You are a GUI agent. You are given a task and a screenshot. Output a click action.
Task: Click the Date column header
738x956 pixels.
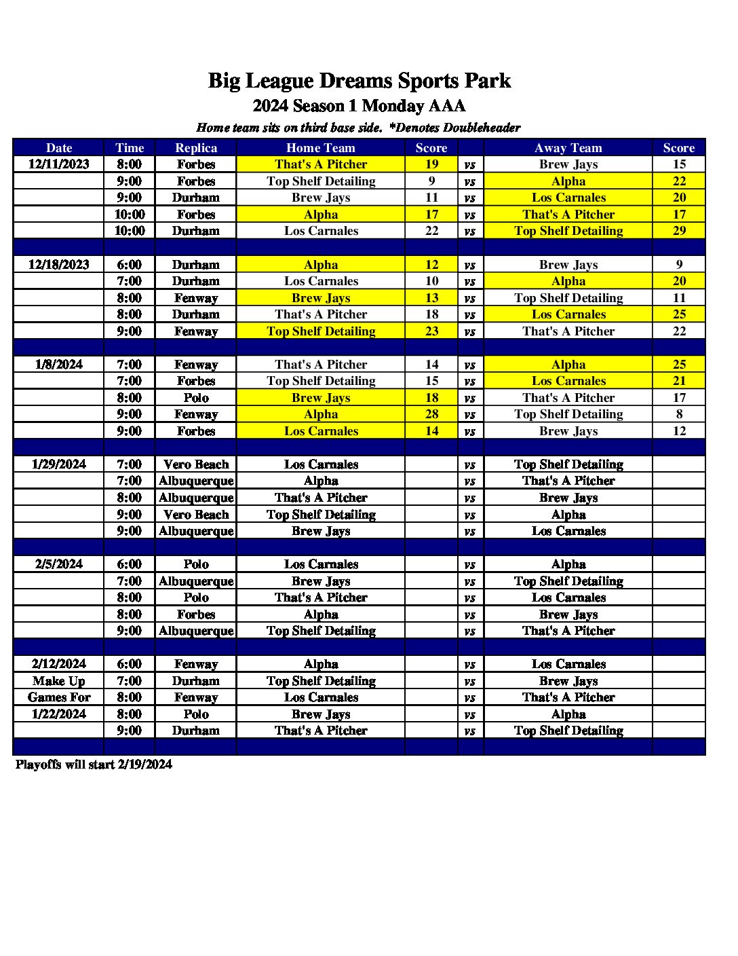click(59, 147)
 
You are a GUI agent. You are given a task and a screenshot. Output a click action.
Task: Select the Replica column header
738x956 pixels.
click(196, 147)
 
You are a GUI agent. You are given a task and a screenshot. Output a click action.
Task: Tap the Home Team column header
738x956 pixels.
click(321, 147)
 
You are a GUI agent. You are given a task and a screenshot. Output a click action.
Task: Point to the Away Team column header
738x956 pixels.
click(568, 147)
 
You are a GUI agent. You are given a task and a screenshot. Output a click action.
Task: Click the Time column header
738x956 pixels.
click(130, 147)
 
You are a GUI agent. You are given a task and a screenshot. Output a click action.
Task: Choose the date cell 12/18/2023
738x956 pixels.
click(59, 265)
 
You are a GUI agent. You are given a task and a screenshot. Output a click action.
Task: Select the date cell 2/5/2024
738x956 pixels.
click(59, 564)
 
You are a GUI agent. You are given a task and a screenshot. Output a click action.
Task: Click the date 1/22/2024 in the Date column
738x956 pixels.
click(59, 714)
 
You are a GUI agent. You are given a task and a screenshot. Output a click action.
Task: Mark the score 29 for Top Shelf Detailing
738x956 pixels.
click(679, 231)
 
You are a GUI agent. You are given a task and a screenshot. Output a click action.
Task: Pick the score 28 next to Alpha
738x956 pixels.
click(431, 414)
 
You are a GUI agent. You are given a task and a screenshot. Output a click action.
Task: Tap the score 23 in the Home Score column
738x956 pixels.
click(431, 331)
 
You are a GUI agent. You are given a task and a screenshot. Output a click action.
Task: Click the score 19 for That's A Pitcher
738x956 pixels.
click(431, 164)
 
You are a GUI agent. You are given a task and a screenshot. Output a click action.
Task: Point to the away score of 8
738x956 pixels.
click(679, 414)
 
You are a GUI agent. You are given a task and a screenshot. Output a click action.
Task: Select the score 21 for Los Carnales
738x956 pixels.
click(679, 381)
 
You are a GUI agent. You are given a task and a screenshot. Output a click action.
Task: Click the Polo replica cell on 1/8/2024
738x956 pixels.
click(196, 398)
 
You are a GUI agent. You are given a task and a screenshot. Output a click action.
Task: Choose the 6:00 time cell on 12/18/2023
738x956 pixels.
click(130, 265)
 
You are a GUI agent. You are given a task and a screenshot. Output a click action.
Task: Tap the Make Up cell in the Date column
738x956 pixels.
click(59, 681)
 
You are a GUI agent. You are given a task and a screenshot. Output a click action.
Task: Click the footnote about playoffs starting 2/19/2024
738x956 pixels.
click(94, 765)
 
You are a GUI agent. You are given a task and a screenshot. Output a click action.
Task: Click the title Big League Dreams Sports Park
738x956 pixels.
click(360, 81)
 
